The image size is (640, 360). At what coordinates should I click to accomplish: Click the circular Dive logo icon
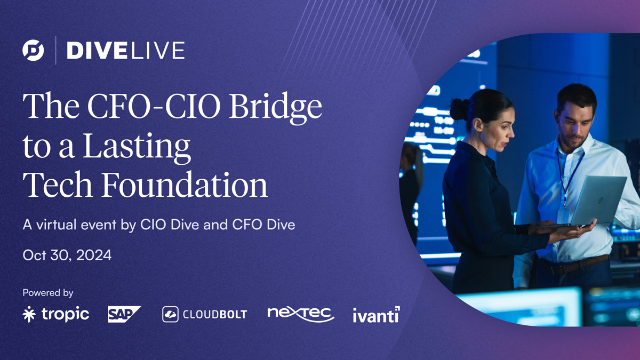[33, 50]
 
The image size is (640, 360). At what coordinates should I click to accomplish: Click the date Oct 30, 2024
[67, 255]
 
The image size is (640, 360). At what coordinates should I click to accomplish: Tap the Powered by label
[48, 293]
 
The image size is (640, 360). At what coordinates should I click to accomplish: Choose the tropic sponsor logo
[56, 314]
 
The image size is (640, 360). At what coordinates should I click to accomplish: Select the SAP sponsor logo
[124, 314]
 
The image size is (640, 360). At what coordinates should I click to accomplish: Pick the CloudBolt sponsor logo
[205, 314]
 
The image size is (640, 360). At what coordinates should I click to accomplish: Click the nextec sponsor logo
[300, 314]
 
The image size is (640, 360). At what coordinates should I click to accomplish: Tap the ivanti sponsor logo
[376, 315]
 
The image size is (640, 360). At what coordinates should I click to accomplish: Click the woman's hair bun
[458, 109]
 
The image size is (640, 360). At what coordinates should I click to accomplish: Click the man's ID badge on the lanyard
[563, 217]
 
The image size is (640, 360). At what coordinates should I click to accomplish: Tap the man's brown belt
[576, 266]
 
